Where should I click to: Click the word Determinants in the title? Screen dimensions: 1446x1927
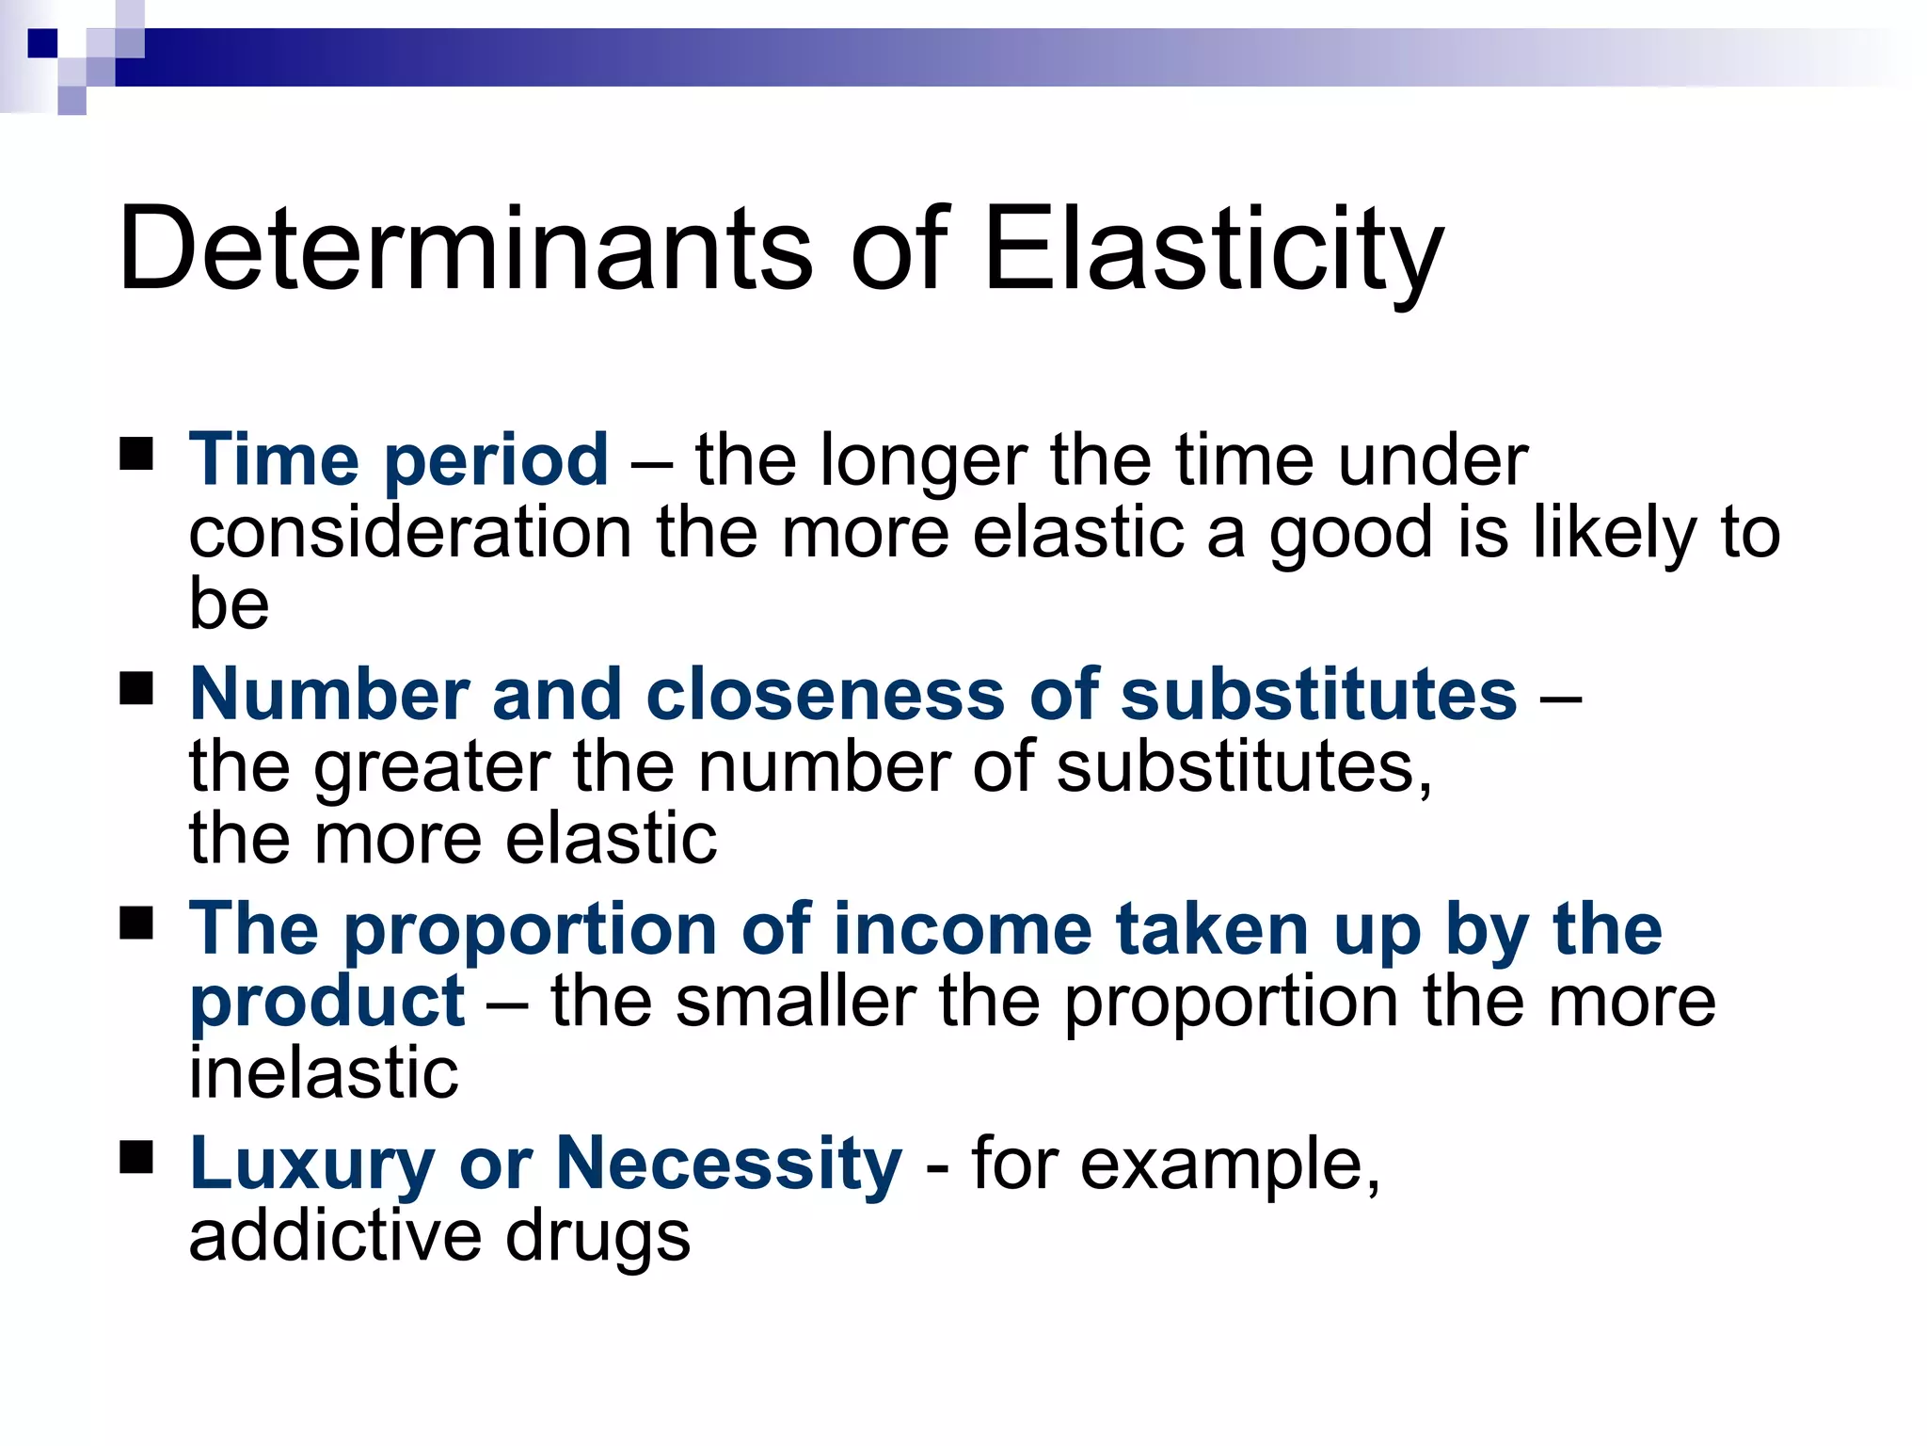(x=465, y=249)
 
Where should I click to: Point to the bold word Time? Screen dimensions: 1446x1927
(x=274, y=459)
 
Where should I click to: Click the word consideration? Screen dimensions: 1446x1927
(x=410, y=533)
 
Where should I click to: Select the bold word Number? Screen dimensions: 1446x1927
(x=329, y=695)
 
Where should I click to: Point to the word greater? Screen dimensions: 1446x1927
(x=432, y=768)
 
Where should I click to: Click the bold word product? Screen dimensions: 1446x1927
(x=326, y=1004)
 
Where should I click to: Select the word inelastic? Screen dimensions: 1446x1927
(x=324, y=1073)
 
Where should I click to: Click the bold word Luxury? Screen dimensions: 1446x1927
(x=311, y=1165)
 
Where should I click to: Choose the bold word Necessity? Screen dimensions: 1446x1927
(x=728, y=1165)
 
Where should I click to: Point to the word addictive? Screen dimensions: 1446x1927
(x=335, y=1236)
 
